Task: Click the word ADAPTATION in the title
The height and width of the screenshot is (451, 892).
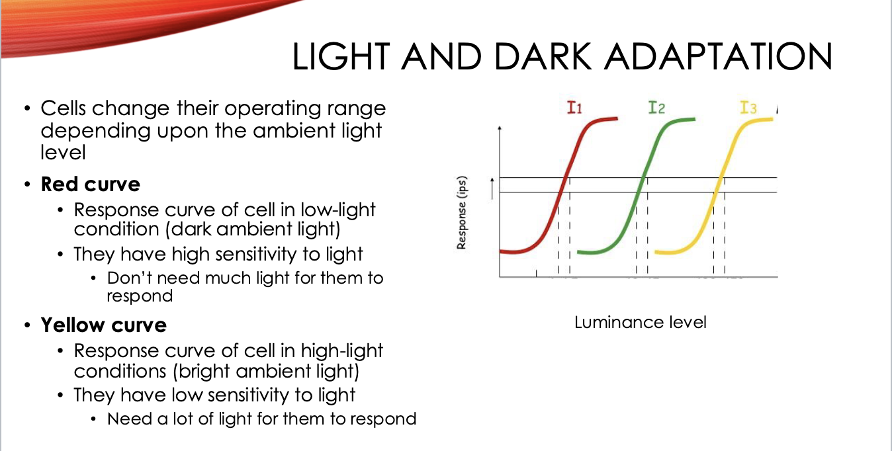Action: click(x=718, y=56)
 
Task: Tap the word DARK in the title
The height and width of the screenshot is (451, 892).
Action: click(x=543, y=56)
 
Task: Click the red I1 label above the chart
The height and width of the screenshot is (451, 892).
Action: click(x=574, y=108)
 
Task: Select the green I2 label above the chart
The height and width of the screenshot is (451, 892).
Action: click(x=656, y=108)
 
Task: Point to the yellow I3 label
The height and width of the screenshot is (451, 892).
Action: click(x=748, y=108)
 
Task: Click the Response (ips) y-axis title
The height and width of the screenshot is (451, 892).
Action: click(x=461, y=213)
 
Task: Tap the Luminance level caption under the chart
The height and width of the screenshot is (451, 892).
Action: click(x=641, y=323)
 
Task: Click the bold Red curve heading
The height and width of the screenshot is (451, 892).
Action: click(x=91, y=184)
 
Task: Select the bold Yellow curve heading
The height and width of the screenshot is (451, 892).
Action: click(x=103, y=325)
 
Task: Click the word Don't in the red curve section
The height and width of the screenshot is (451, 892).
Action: click(x=130, y=278)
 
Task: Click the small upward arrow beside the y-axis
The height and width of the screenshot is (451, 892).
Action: click(x=492, y=188)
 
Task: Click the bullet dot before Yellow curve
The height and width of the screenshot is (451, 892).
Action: click(x=27, y=325)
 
